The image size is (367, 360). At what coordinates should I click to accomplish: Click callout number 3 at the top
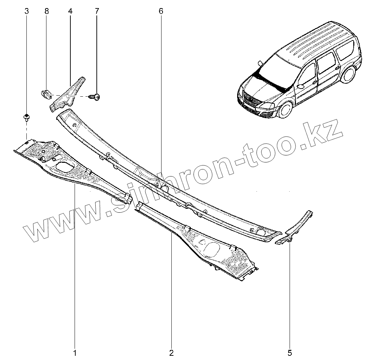tap(27, 11)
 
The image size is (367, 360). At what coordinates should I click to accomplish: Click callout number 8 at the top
tap(46, 11)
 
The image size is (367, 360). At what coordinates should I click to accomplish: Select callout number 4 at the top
tap(70, 11)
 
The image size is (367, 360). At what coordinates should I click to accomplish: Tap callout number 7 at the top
tap(97, 11)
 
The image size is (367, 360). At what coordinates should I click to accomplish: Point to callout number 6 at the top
tap(161, 11)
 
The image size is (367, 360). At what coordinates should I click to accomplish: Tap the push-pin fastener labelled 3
tap(27, 117)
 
